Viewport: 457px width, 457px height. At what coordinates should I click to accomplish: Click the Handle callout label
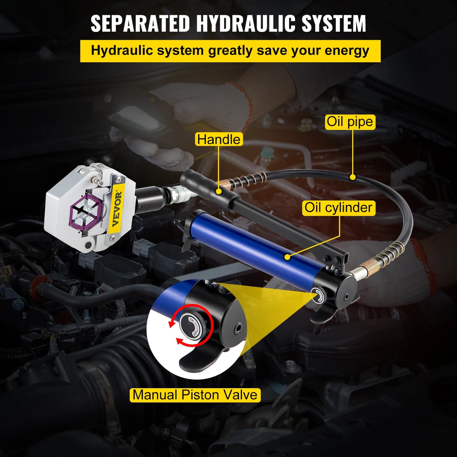click(x=219, y=139)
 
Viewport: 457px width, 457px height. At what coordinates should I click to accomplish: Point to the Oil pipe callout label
click(x=350, y=122)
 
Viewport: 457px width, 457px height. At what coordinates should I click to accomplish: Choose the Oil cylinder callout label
click(x=338, y=208)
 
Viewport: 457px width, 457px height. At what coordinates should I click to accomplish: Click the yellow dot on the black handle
click(x=219, y=191)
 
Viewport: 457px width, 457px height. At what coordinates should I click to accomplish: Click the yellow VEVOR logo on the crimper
click(x=117, y=209)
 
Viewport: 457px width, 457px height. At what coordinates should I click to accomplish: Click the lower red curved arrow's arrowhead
click(x=179, y=342)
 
